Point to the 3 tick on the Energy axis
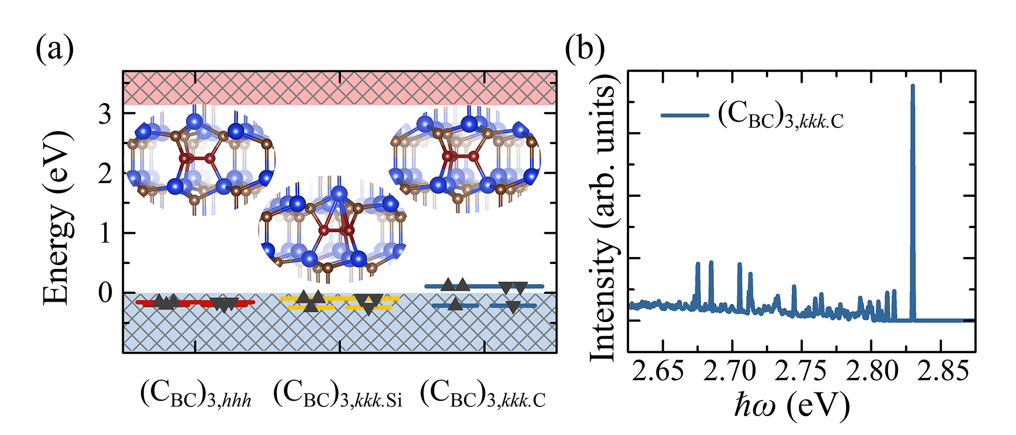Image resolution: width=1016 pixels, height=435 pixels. point(105,114)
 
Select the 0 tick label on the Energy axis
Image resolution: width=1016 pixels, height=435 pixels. point(105,293)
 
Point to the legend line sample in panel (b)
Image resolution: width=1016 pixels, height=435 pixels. point(684,115)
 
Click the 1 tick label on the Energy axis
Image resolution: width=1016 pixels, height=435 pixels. point(105,233)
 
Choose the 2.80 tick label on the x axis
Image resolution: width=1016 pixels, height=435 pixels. point(871,371)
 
